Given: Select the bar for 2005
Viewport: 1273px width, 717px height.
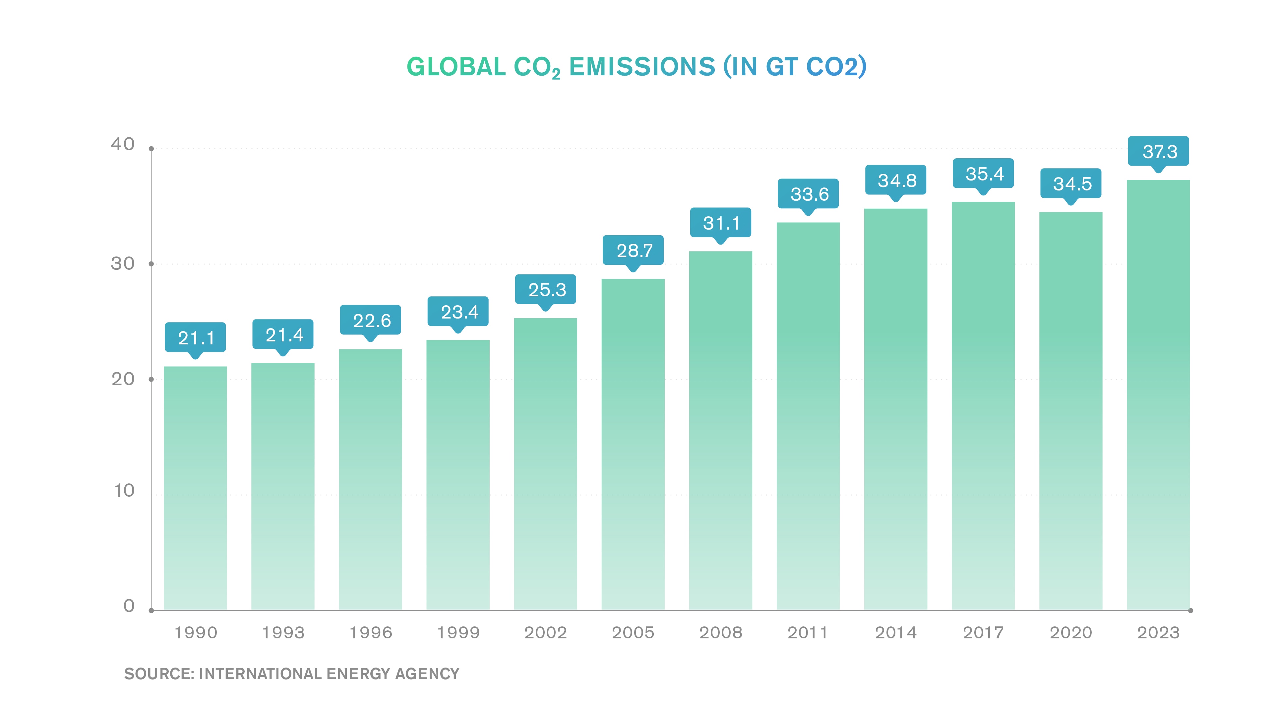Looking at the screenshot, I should tap(633, 444).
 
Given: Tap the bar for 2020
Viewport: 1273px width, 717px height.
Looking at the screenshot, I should tap(1071, 410).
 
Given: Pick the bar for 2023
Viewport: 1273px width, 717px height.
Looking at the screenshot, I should tap(1158, 394).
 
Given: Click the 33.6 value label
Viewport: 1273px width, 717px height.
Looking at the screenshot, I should tap(809, 194).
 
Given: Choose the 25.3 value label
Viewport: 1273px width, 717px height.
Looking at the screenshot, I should tap(546, 289).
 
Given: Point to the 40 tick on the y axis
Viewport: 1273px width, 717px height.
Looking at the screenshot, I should tap(123, 144).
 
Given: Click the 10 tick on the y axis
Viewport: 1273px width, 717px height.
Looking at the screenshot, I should tap(124, 490).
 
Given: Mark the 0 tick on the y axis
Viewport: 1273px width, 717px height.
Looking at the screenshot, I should tap(129, 606).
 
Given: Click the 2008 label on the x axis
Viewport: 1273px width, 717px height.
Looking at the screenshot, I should tap(720, 632).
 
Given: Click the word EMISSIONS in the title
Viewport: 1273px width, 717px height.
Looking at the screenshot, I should tap(641, 67).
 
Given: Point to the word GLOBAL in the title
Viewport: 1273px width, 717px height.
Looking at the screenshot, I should tap(455, 67).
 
